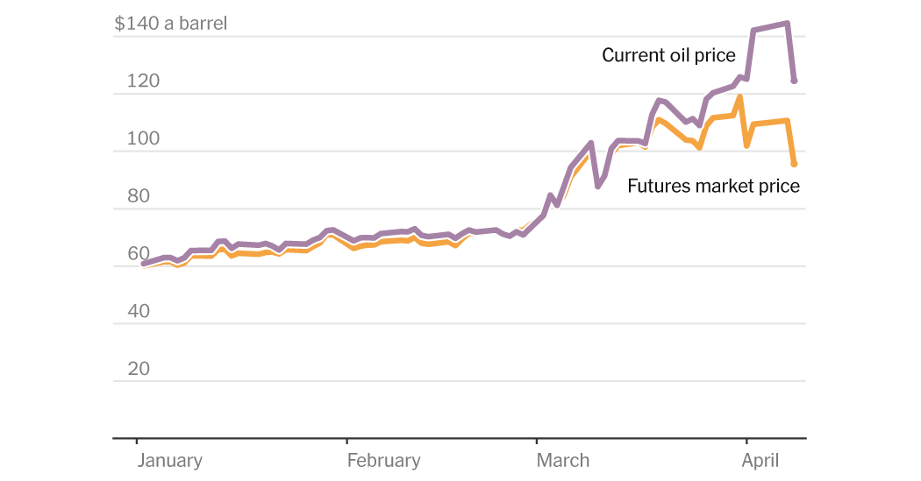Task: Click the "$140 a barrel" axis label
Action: pos(170,24)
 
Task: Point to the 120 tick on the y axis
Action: pos(143,81)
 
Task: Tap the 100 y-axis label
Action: pos(143,139)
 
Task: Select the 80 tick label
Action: pos(139,196)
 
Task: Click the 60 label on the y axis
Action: pos(139,254)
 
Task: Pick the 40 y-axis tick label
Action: pos(139,311)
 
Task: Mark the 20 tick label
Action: pos(139,369)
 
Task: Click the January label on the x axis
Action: pos(169,461)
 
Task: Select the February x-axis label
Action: pos(383,461)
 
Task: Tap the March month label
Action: pos(563,461)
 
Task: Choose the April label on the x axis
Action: pos(761,461)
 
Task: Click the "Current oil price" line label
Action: pos(668,56)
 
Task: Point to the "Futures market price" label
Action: pos(713,186)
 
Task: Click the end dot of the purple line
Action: pos(794,81)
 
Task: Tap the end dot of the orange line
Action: pos(794,164)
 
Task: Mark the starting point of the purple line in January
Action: pos(144,263)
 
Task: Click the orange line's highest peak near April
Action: pos(740,97)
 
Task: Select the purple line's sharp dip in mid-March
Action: pos(598,186)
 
